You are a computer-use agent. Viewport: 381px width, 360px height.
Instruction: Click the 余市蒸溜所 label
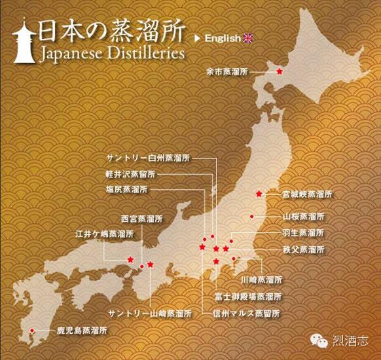(x=245, y=71)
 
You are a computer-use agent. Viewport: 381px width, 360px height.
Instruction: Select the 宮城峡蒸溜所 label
(x=307, y=194)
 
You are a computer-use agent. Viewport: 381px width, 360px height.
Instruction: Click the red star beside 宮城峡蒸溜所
(x=260, y=194)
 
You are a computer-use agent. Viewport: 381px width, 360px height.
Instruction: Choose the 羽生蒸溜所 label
(x=303, y=233)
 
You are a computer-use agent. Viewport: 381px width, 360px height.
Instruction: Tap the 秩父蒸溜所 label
(x=303, y=249)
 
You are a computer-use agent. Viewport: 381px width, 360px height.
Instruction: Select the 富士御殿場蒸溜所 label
(x=249, y=297)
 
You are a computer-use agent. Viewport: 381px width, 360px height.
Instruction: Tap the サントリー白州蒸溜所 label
(x=149, y=158)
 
